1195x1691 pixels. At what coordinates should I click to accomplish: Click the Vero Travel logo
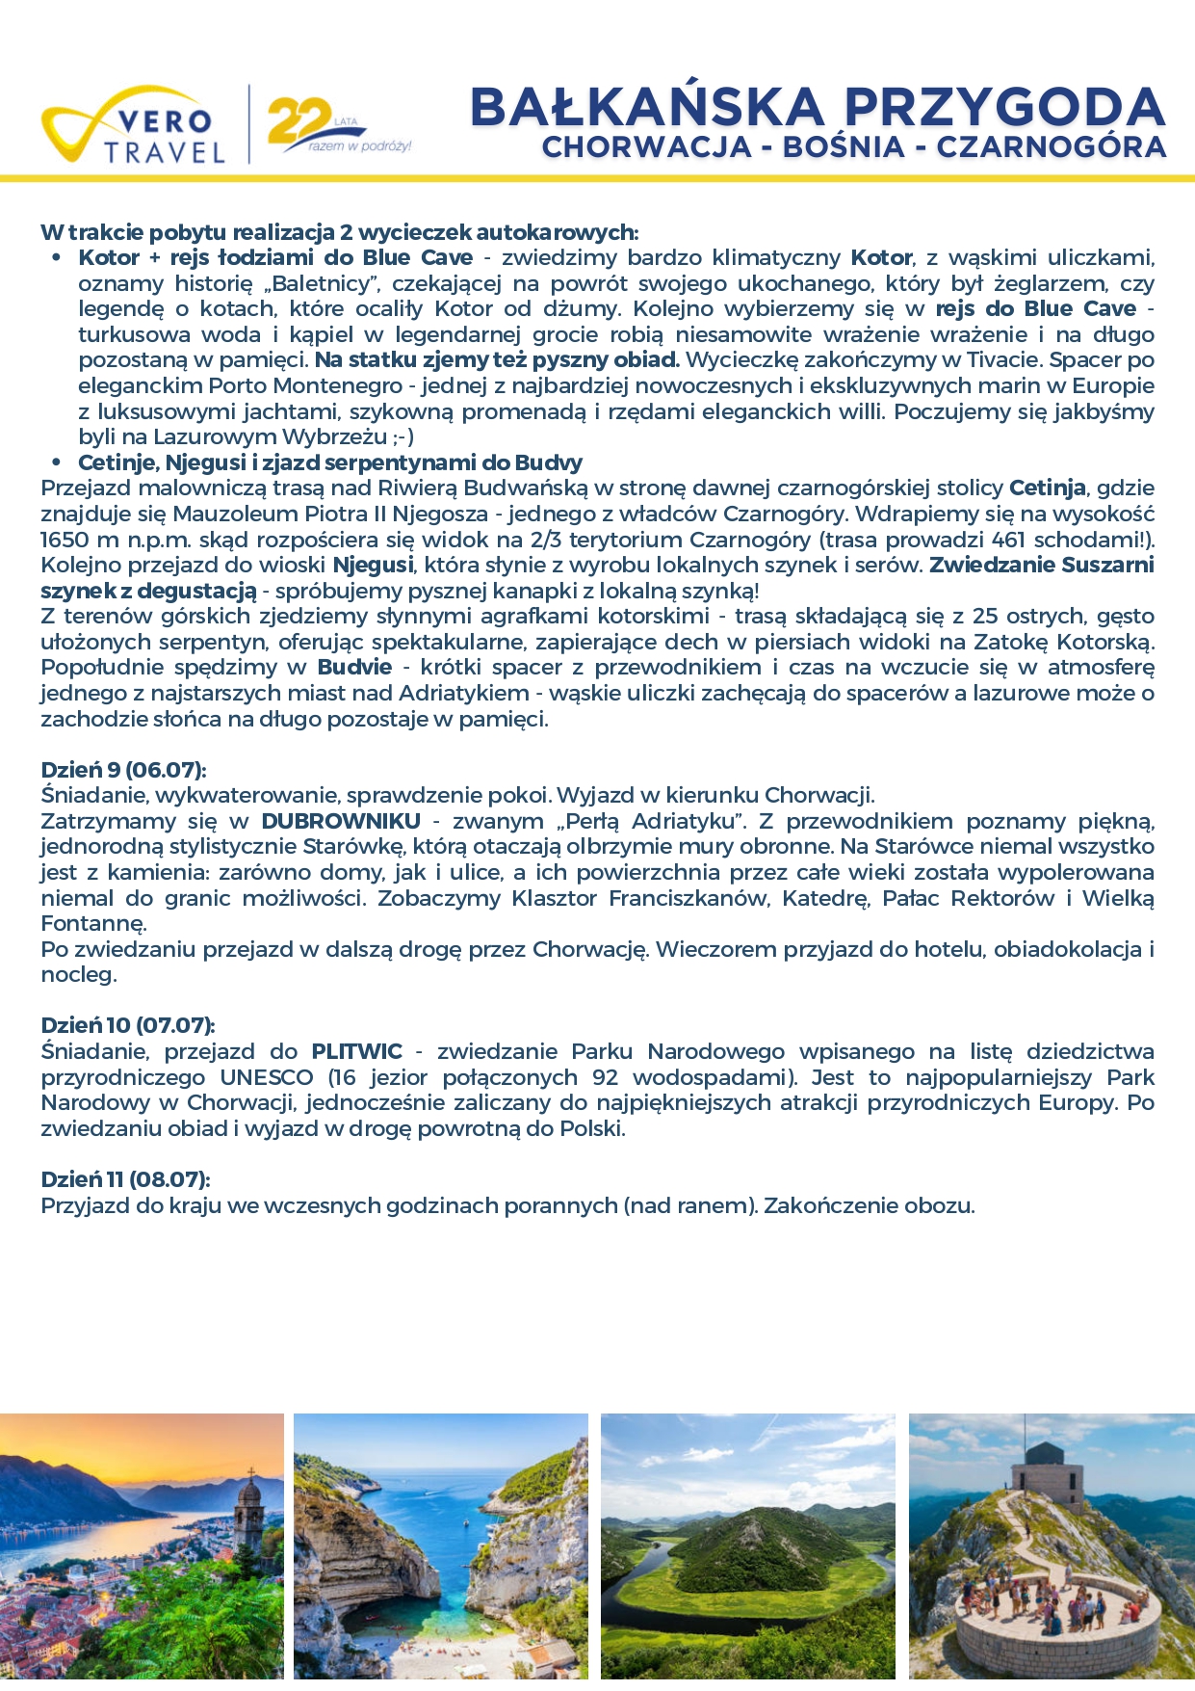(133, 126)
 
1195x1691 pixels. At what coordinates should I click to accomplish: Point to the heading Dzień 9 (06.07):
(123, 770)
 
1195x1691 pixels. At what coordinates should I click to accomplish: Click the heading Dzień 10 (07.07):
(127, 1025)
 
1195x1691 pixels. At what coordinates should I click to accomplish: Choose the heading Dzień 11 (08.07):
(125, 1179)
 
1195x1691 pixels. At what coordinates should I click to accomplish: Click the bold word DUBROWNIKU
(341, 821)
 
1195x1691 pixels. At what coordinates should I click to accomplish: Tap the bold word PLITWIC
(356, 1051)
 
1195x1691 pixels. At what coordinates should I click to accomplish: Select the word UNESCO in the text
(267, 1077)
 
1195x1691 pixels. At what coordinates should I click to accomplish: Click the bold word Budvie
(354, 667)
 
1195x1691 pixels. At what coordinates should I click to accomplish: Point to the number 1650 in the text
(64, 540)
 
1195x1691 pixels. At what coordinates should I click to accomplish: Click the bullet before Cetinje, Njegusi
(58, 462)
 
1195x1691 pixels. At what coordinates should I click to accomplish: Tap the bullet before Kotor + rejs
(58, 258)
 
